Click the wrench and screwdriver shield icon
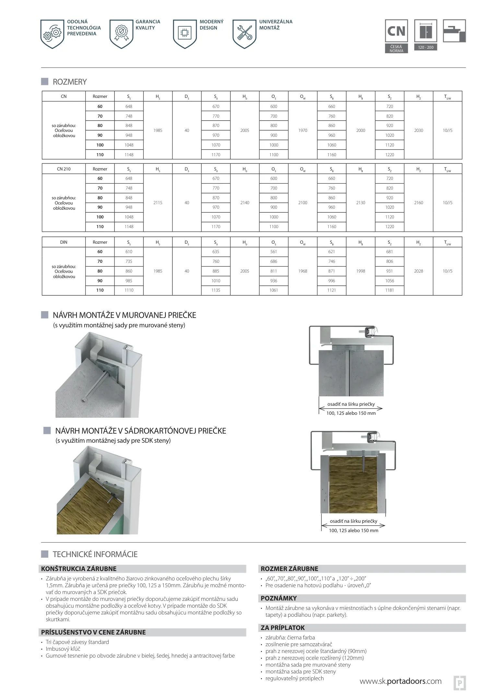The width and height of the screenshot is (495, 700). [x=244, y=33]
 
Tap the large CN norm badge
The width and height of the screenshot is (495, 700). [x=396, y=31]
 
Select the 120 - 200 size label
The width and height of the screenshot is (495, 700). [x=425, y=47]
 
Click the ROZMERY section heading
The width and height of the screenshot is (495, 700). [x=70, y=82]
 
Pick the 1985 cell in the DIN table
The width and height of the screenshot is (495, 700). [x=158, y=271]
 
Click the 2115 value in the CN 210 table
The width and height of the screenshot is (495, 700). [x=158, y=203]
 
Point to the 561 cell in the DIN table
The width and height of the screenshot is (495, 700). [x=274, y=251]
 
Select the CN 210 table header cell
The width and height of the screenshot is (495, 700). [x=64, y=169]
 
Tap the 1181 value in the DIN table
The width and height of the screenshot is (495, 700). [x=389, y=290]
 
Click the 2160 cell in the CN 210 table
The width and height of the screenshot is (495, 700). [x=418, y=203]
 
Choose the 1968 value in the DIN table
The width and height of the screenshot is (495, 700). [x=302, y=271]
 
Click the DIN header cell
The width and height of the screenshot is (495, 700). [x=64, y=242]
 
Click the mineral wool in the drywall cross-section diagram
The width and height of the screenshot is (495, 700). [x=353, y=486]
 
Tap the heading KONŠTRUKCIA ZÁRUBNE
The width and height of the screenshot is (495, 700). [x=79, y=569]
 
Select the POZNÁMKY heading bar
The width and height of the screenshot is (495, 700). [x=279, y=598]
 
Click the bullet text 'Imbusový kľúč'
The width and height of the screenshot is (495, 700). [x=63, y=649]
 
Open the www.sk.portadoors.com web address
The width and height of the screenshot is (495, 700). [x=400, y=681]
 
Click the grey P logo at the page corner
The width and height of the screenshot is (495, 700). [x=459, y=682]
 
